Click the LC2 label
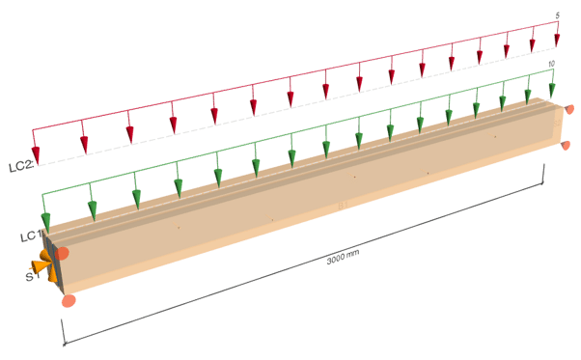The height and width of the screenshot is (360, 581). pos(21,166)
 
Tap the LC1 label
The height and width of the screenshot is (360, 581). pos(31,235)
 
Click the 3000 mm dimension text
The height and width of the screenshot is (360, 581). pos(343,257)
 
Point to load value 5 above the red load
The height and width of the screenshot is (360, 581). pos(557,15)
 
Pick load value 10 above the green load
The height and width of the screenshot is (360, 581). pos(551,64)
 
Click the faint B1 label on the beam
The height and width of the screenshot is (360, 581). pos(344,206)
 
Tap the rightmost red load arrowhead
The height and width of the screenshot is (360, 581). pos(557,40)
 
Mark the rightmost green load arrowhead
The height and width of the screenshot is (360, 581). pos(552,91)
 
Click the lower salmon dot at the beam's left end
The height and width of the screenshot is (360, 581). pos(69,300)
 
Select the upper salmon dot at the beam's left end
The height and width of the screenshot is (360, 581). pos(62,254)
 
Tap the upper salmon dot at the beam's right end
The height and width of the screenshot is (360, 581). pos(569,109)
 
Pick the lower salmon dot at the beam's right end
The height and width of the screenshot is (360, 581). pos(566,145)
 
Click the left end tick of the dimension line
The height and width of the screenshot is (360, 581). pos(63,332)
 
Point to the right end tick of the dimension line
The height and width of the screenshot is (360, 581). pos(543,174)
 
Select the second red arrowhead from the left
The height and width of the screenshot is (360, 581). pos(85,145)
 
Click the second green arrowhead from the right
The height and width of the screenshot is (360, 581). pos(528,97)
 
